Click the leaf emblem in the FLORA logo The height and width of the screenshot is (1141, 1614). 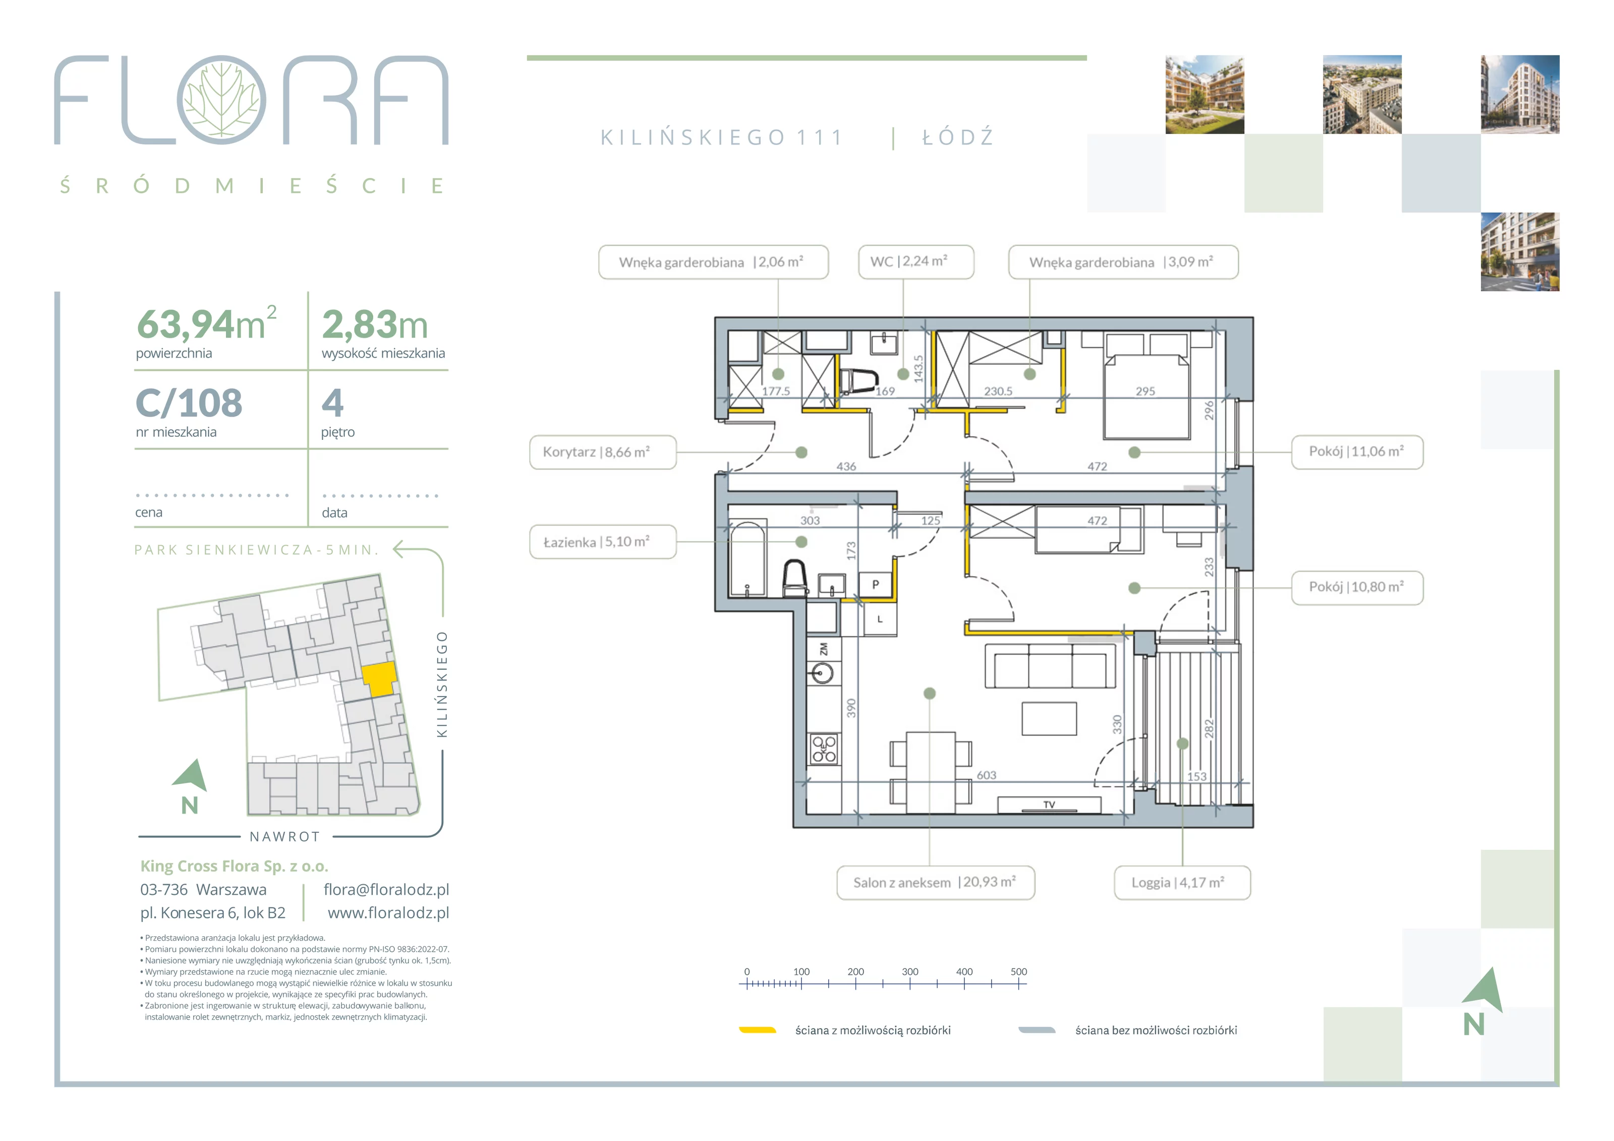coord(221,100)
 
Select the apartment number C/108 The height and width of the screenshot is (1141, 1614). coord(189,403)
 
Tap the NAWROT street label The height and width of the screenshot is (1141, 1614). coord(284,837)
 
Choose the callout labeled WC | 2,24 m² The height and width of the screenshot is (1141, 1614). coord(916,261)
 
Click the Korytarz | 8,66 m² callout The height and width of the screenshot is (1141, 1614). coord(602,452)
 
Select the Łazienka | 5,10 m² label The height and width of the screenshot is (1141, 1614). coord(602,542)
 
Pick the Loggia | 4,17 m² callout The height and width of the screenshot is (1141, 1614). coord(1182,882)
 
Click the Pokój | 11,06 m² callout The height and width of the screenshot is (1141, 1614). coord(1357,451)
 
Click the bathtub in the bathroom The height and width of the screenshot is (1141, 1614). coord(748,558)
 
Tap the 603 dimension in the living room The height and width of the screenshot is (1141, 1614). coord(986,775)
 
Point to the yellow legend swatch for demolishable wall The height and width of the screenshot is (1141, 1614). coord(757,1030)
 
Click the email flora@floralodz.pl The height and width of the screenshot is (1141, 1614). coord(386,889)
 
